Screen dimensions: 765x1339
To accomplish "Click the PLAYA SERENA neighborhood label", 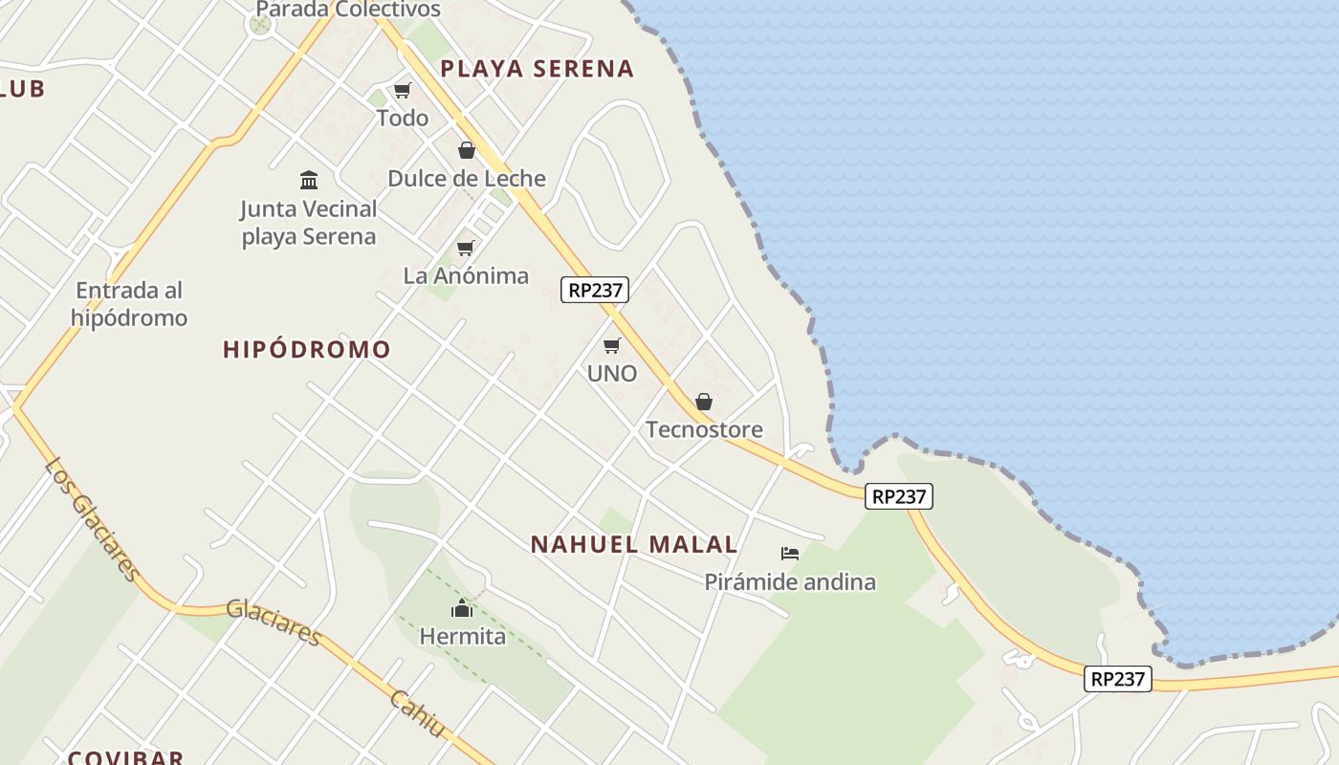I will click(x=537, y=69).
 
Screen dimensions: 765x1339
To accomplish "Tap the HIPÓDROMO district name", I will click(x=307, y=350).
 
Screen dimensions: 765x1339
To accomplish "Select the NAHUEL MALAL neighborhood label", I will click(x=634, y=545).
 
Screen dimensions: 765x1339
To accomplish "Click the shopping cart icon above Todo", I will click(x=403, y=91).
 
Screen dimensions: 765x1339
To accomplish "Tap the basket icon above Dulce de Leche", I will click(x=467, y=150).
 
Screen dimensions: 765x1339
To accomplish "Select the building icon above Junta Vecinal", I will click(x=309, y=180).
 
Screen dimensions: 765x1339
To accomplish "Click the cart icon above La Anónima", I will click(x=466, y=249).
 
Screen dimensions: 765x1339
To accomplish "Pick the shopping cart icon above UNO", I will click(x=612, y=345).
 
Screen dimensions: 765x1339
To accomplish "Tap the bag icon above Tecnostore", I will click(x=704, y=402).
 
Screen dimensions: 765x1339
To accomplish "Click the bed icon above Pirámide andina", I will click(x=790, y=554).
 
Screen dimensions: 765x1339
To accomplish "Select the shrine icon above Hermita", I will click(x=463, y=608).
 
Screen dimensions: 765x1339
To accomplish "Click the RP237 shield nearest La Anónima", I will click(x=595, y=290).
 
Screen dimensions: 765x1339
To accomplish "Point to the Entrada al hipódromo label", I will click(x=129, y=304).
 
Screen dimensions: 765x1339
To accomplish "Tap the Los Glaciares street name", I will click(x=92, y=518).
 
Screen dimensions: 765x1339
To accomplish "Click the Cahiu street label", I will click(x=418, y=713).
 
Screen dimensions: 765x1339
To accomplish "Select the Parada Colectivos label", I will click(x=348, y=10).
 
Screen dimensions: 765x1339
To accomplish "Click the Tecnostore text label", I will click(x=705, y=429).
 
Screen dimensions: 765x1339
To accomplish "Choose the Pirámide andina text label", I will click(x=790, y=581).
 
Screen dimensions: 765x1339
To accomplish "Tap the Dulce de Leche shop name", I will click(x=467, y=178).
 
